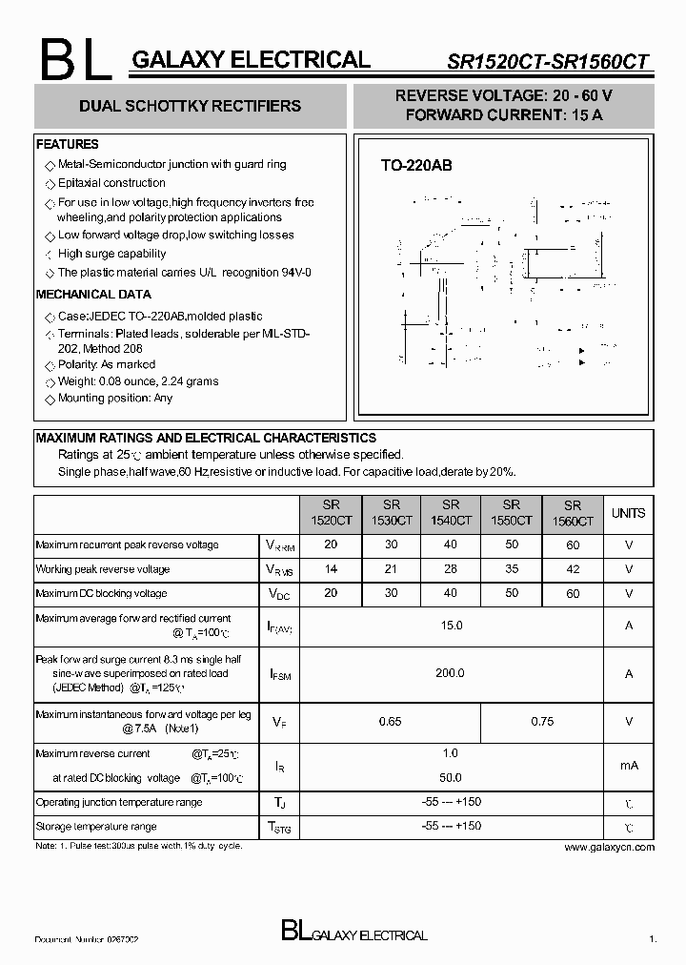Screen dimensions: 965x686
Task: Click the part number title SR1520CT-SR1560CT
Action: (548, 62)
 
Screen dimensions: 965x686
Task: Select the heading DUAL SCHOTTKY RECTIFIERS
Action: (191, 106)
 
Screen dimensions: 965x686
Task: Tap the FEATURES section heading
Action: (67, 144)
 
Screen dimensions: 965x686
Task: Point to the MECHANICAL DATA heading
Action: (93, 295)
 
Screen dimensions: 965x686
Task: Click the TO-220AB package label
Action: (416, 165)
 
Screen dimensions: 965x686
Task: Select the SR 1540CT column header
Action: (451, 513)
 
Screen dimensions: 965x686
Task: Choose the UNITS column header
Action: (628, 513)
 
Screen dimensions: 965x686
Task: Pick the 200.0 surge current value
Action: (451, 673)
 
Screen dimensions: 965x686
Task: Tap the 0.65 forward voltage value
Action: (390, 722)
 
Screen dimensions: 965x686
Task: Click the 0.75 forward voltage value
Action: (541, 722)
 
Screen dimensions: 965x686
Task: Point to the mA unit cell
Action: (628, 766)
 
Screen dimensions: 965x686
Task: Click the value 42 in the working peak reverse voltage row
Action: (572, 569)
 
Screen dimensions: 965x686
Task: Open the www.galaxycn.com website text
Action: (609, 847)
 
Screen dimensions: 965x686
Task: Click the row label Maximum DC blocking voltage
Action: (101, 593)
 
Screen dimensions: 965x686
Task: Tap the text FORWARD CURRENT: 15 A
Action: (504, 114)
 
